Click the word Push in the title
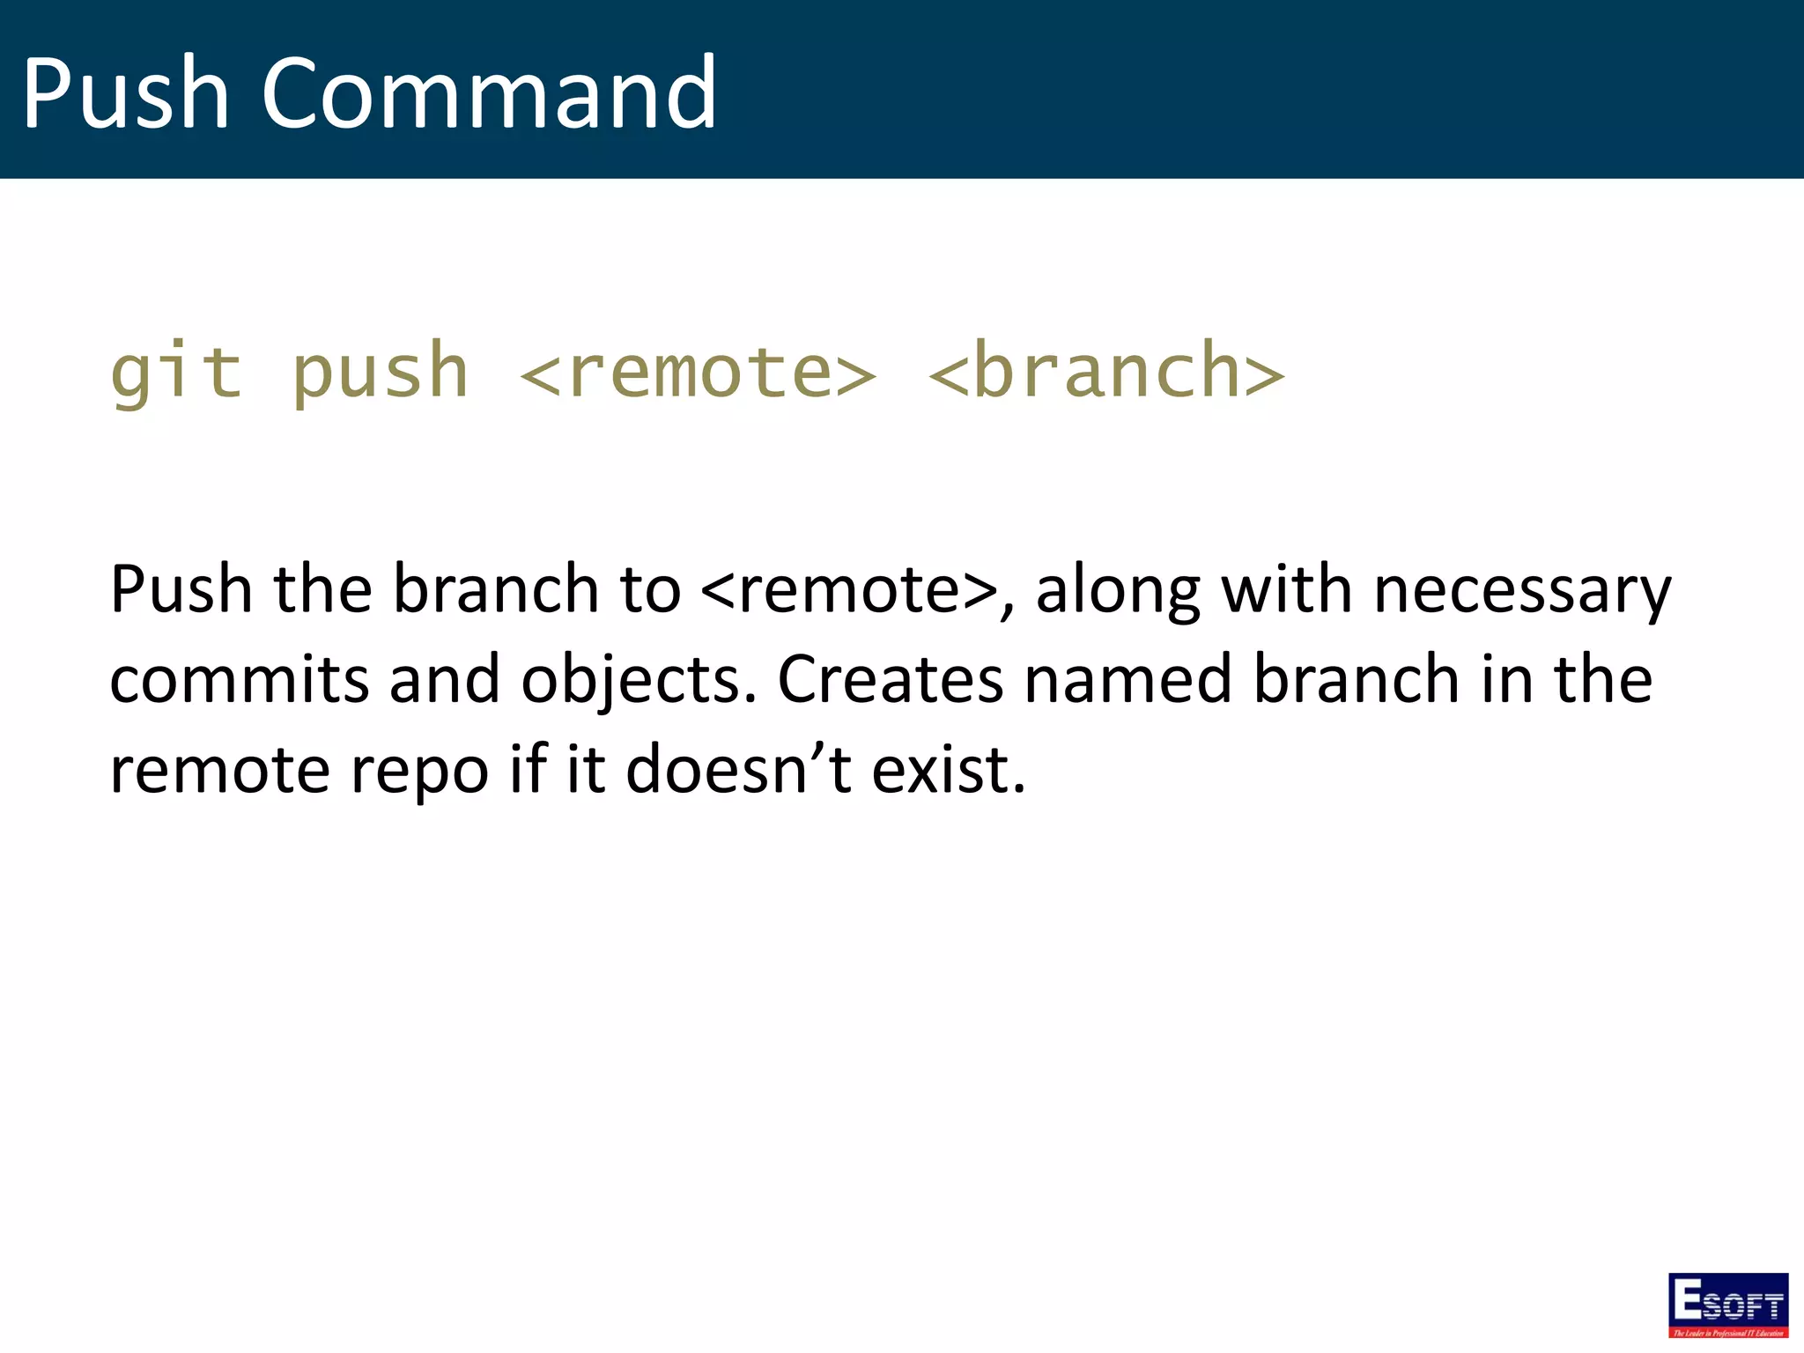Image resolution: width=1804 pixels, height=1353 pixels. (x=125, y=92)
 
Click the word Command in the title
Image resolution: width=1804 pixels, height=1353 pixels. (x=489, y=92)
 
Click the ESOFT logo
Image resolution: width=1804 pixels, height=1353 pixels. (x=1727, y=1305)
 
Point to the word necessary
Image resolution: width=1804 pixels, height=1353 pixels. (x=1521, y=589)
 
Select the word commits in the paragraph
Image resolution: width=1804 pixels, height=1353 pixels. (x=239, y=679)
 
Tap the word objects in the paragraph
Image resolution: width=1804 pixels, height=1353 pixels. (x=639, y=679)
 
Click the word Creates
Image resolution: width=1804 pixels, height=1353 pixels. (x=890, y=679)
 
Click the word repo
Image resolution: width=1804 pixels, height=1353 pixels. (x=419, y=770)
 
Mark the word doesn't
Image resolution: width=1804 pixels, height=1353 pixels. (x=738, y=770)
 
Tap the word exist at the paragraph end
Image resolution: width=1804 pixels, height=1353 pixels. (x=948, y=770)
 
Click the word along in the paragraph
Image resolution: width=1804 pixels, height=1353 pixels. (x=1117, y=589)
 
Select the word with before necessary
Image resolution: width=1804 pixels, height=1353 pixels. (x=1286, y=589)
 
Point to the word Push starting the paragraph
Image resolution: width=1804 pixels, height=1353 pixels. (x=181, y=589)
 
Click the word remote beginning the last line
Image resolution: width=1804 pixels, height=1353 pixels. (x=220, y=770)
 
